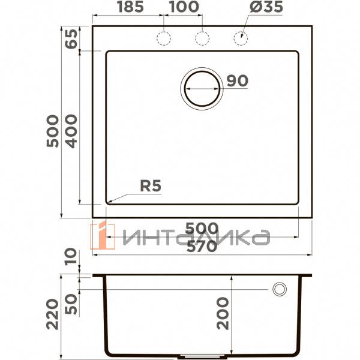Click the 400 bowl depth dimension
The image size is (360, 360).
[x=71, y=131]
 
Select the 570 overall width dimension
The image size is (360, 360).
[x=201, y=246]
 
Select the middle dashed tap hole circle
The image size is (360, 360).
[x=202, y=38]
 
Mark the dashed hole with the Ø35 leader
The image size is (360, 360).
[x=241, y=38]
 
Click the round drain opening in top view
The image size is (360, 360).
[x=202, y=88]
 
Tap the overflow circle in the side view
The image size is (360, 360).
[x=279, y=289]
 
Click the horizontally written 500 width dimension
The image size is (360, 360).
[x=201, y=229]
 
